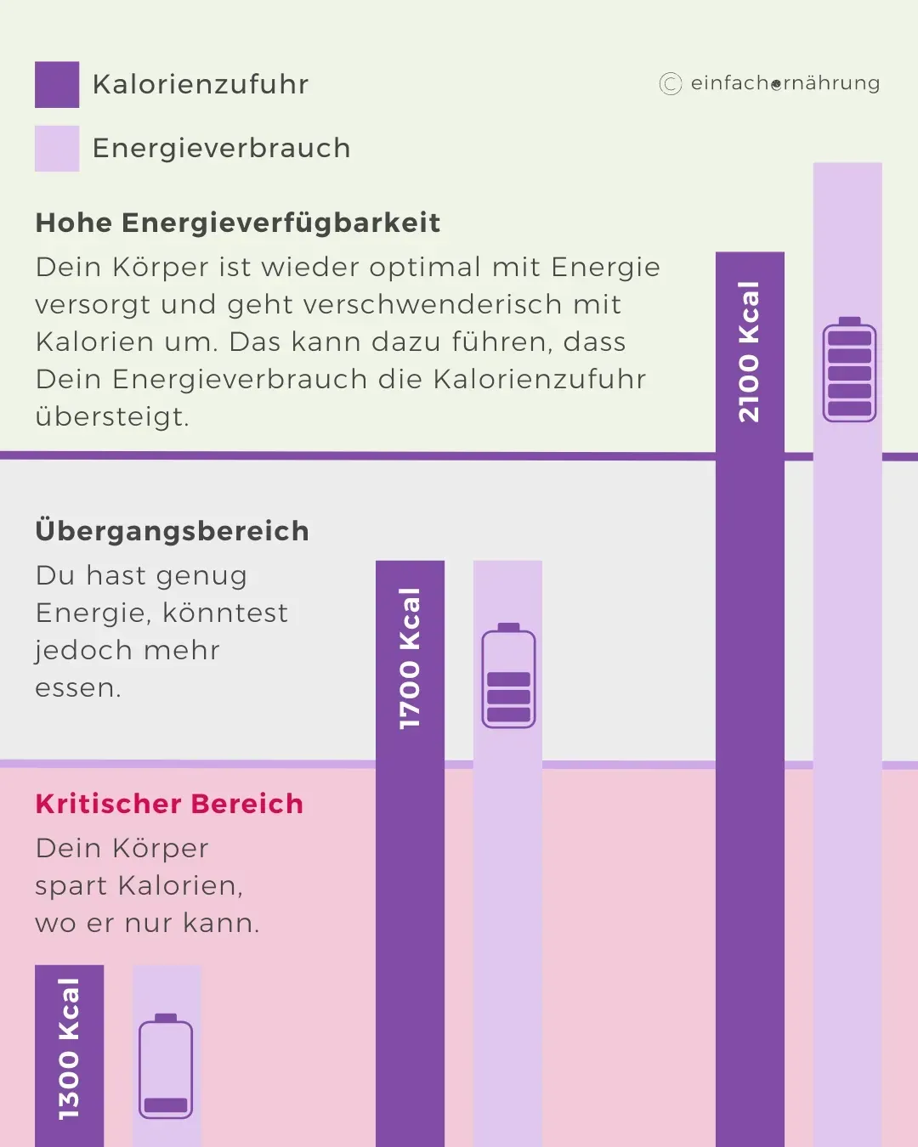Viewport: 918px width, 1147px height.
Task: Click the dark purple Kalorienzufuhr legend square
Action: [x=57, y=84]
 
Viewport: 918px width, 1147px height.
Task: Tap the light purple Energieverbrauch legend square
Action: [x=57, y=149]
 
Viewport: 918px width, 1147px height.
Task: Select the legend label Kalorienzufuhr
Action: [x=201, y=84]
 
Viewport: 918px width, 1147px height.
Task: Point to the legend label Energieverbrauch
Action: [x=221, y=149]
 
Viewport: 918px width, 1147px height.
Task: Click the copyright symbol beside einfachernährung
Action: [x=671, y=83]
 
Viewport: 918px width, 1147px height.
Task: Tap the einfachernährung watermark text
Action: [x=785, y=83]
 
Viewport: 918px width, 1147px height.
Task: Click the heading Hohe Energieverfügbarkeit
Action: [x=238, y=223]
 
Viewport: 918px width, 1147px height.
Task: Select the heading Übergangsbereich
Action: [x=173, y=531]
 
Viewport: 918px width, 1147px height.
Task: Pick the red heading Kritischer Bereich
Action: [x=169, y=804]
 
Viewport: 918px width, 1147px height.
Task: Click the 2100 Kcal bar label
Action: [x=749, y=352]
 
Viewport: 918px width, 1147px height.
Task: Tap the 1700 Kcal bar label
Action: [x=410, y=658]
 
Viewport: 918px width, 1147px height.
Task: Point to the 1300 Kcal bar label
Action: [x=69, y=1049]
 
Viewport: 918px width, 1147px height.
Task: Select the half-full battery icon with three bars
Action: [x=509, y=676]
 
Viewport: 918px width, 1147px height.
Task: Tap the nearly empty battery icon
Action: [x=166, y=1066]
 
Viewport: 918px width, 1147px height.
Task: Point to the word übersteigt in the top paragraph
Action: [x=110, y=417]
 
